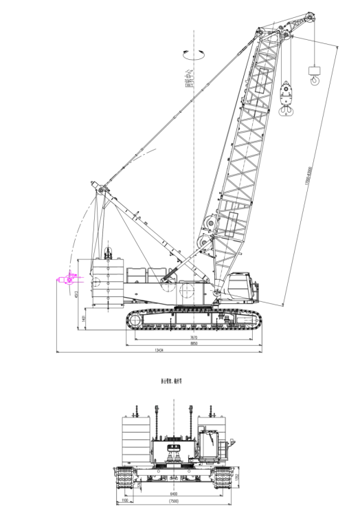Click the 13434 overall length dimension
click(159, 350)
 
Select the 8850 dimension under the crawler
click(194, 343)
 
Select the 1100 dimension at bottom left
click(124, 501)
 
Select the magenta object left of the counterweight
click(67, 280)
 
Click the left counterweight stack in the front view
click(135, 440)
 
